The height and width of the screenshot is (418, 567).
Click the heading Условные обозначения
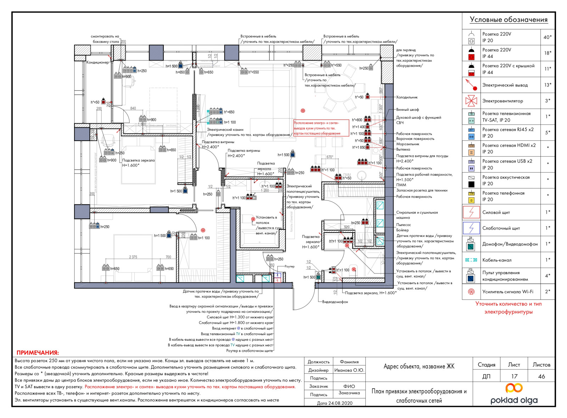coord(509,20)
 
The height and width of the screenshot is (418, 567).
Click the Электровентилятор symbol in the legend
coord(471,101)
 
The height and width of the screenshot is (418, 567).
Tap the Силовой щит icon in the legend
coord(471,212)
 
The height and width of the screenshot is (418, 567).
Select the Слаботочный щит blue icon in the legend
coord(471,228)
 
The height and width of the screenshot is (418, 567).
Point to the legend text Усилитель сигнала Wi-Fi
coord(507,292)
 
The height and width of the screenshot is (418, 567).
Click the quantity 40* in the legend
coord(548,37)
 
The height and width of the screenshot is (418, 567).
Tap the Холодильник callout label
coord(407,97)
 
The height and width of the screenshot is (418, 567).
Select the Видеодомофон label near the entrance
coord(335,302)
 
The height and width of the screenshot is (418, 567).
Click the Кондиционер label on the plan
coord(98,62)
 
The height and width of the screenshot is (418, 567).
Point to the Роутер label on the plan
coord(290,266)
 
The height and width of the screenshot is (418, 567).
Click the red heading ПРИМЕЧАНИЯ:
coord(38,353)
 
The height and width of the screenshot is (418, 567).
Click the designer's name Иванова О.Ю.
coord(349,370)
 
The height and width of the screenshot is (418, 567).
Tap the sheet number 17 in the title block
coord(514,376)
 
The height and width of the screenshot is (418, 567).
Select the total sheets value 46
coord(541,376)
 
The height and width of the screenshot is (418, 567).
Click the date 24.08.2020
coord(335,403)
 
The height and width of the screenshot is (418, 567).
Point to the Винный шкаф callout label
coord(408,109)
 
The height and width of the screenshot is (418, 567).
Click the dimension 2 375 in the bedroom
coord(133,257)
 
